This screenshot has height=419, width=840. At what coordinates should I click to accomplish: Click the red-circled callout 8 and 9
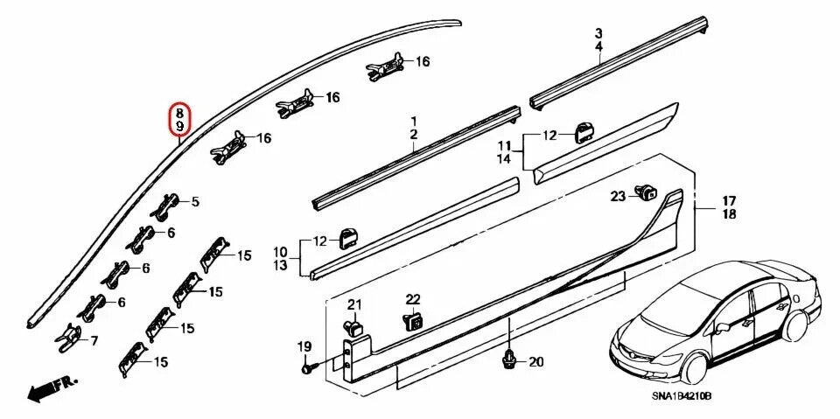[x=179, y=120]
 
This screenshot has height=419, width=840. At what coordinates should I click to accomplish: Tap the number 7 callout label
[x=94, y=341]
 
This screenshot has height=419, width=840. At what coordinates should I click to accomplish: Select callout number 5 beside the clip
[x=195, y=202]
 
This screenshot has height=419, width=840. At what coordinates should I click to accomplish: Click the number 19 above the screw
[x=304, y=347]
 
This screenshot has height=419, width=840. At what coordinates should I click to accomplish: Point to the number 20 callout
[x=536, y=361]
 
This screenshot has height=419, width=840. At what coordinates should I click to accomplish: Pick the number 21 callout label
[x=353, y=304]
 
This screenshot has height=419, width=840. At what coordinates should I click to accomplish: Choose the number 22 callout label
[x=413, y=300]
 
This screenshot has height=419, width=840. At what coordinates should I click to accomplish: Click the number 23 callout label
[x=618, y=196]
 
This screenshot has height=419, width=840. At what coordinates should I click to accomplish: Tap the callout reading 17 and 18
[x=729, y=207]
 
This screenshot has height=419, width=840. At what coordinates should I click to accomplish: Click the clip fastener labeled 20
[x=508, y=359]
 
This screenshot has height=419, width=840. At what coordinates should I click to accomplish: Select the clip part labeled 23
[x=647, y=192]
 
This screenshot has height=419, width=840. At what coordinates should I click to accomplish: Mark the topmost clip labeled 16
[x=385, y=64]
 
